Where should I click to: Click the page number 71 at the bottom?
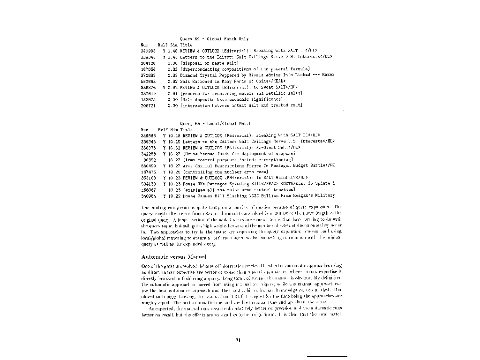click(238, 340)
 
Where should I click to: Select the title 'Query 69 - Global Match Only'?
click(214, 39)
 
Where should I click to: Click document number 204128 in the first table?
click(148, 62)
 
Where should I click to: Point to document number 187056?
click(148, 68)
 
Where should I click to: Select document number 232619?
click(148, 93)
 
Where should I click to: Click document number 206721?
click(148, 105)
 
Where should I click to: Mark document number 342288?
click(148, 153)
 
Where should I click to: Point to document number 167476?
click(148, 172)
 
